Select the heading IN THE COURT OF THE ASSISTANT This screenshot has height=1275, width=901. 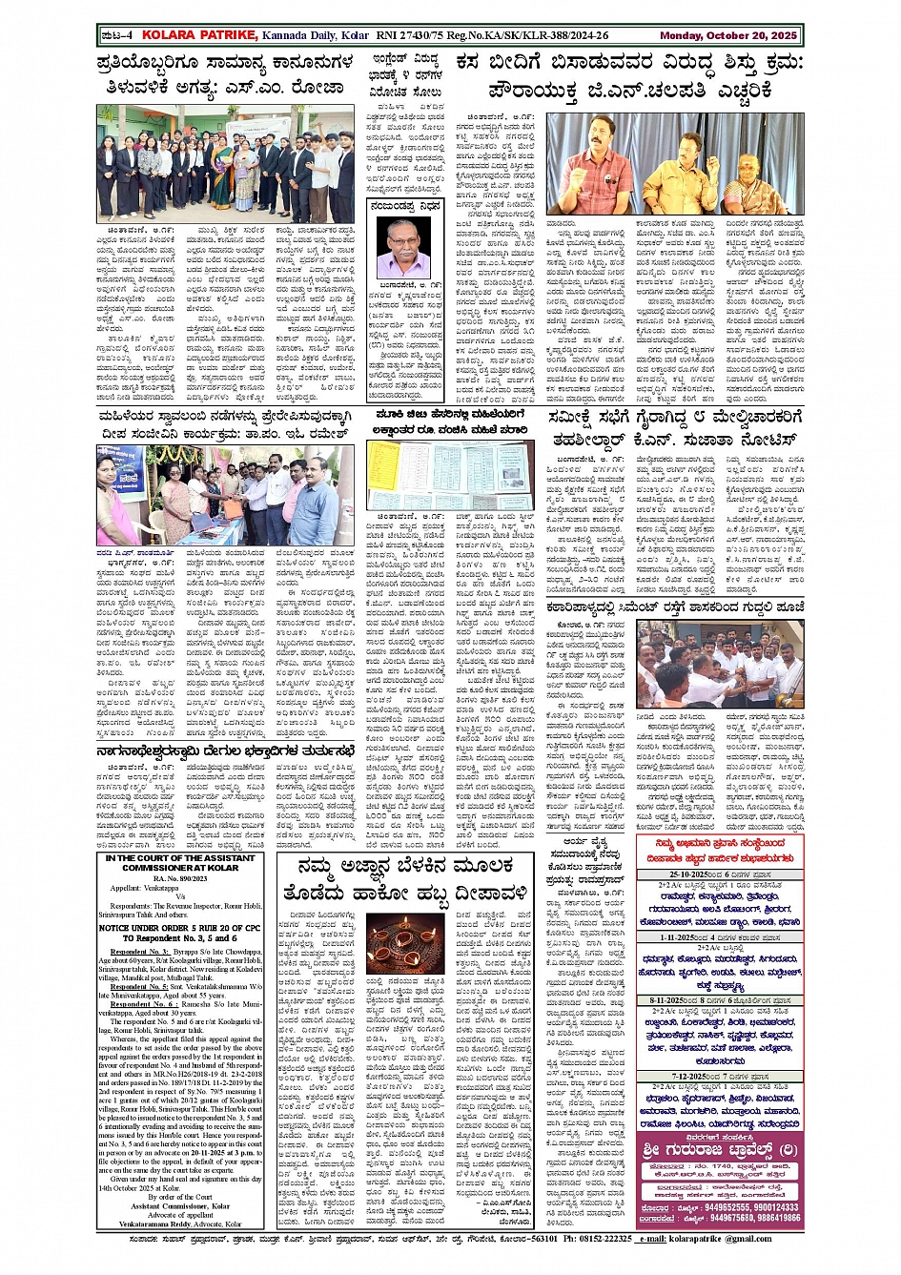click(x=180, y=858)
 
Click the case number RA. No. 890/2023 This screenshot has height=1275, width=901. click(x=180, y=878)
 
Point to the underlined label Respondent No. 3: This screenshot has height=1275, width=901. click(x=139, y=952)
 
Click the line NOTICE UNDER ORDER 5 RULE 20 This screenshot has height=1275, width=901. click(x=180, y=927)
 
